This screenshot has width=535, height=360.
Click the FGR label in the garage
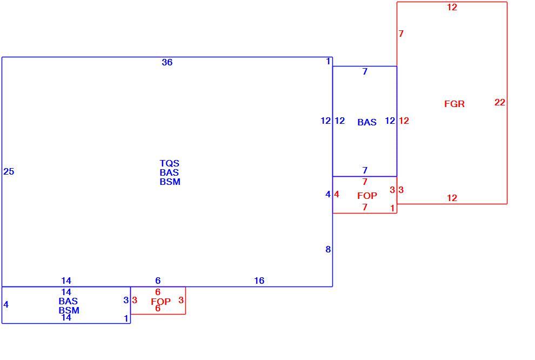(454, 104)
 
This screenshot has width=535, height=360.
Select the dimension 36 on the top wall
(167, 62)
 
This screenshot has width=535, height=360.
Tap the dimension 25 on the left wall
(9, 171)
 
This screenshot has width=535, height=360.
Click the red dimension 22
(499, 102)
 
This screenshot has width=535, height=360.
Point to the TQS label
(170, 163)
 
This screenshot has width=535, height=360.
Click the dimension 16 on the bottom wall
(259, 281)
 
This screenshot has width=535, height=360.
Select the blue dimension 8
(328, 249)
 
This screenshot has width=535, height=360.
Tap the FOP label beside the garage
(367, 196)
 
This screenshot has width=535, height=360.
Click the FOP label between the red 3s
(160, 302)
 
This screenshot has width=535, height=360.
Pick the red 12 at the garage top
(452, 7)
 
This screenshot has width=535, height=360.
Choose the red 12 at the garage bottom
(452, 198)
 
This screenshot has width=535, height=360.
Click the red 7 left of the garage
(401, 34)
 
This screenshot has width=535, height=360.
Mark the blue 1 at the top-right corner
(328, 61)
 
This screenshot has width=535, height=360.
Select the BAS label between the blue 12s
(367, 122)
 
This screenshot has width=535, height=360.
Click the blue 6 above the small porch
(158, 281)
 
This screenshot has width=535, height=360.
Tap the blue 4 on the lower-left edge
(6, 304)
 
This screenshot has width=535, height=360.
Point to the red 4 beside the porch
(337, 194)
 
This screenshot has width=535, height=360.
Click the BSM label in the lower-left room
(69, 310)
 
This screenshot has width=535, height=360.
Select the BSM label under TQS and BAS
(170, 182)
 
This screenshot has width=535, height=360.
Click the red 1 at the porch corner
(392, 208)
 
